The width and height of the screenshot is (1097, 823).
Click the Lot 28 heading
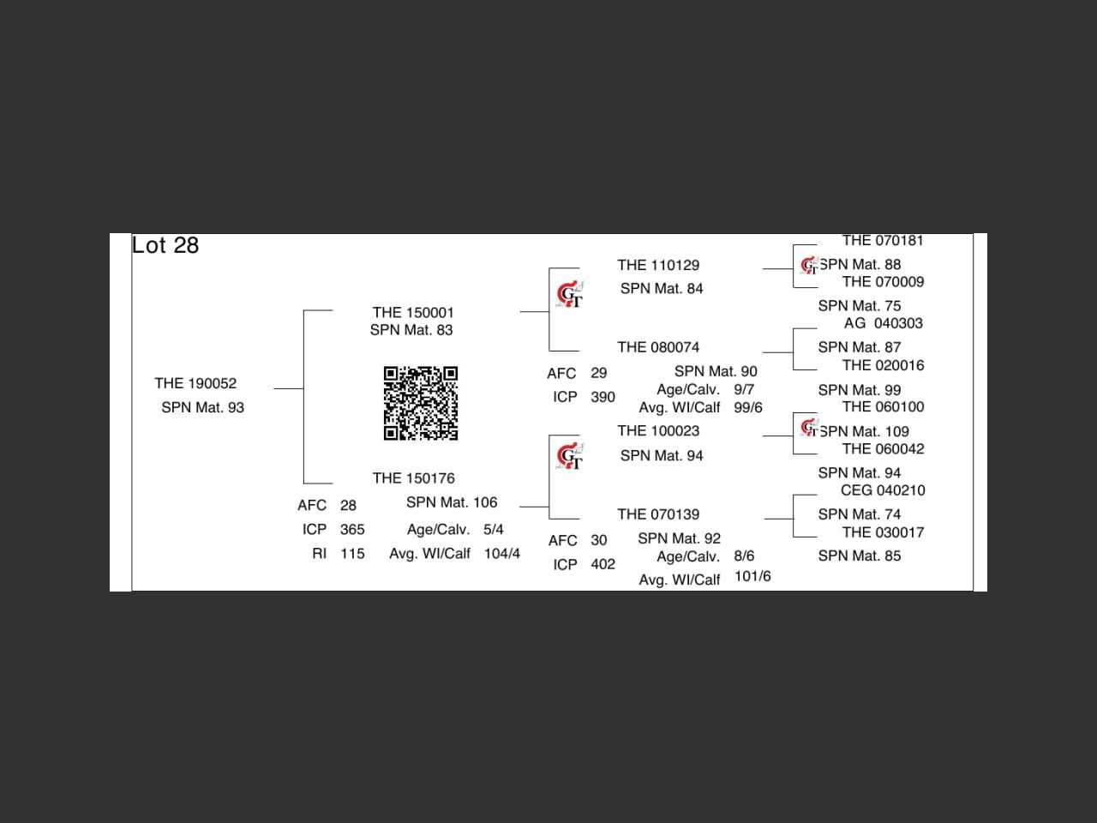(x=165, y=246)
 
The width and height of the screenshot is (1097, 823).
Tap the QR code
(x=420, y=403)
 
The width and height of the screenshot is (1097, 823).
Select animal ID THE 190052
(x=195, y=383)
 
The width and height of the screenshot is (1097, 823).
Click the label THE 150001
(x=413, y=313)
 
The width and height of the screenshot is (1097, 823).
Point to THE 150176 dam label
(x=413, y=478)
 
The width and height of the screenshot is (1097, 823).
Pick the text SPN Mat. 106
(x=452, y=502)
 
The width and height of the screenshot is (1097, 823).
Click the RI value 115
(x=352, y=554)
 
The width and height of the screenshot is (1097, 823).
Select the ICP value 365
(x=352, y=530)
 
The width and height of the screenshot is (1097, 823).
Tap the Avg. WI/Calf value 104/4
(x=501, y=554)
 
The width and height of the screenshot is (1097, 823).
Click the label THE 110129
(x=658, y=266)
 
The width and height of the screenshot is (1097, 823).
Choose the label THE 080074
(x=658, y=347)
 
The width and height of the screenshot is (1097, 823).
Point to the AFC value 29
(x=598, y=374)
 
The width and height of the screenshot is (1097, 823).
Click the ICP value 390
(x=602, y=398)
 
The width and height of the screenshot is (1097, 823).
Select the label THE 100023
(x=658, y=431)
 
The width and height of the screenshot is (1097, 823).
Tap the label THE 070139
(x=658, y=514)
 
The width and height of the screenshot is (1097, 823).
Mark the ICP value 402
(x=602, y=565)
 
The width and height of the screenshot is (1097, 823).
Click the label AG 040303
(x=883, y=323)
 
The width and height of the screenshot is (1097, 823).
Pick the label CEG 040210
(x=883, y=490)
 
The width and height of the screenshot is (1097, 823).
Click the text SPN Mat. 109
(x=864, y=432)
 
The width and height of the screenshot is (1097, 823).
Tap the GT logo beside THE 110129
(x=570, y=294)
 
